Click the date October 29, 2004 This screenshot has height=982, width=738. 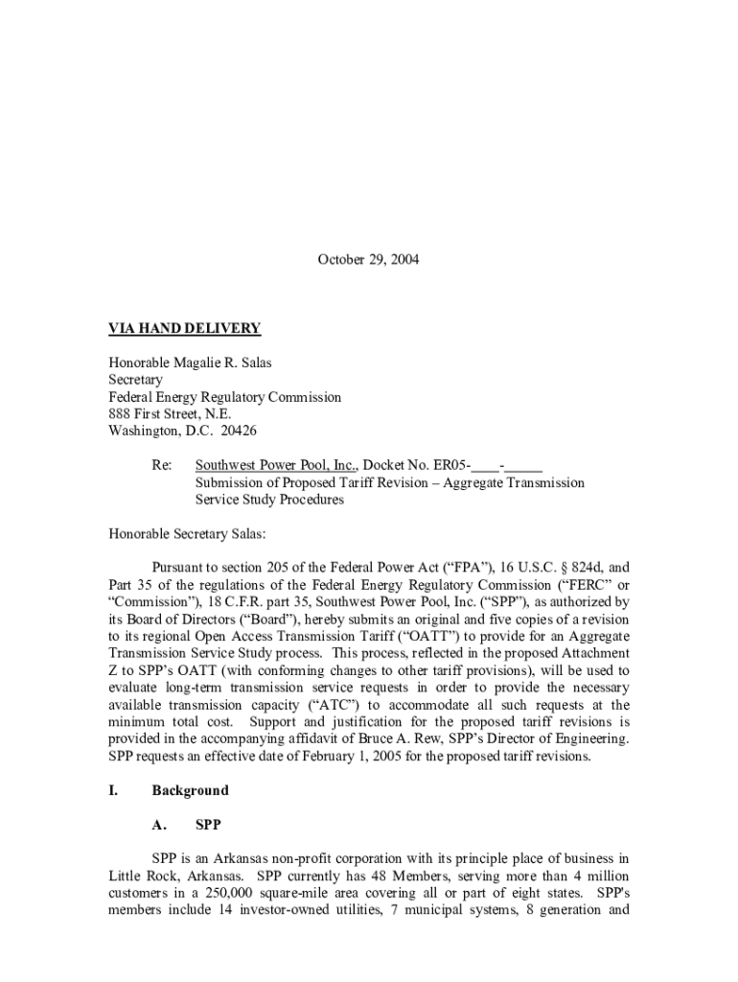[368, 260]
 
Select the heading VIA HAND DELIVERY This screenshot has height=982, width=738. [184, 329]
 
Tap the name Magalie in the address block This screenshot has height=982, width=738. [199, 362]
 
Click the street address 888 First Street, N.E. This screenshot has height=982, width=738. [170, 414]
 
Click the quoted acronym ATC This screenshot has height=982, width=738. [317, 705]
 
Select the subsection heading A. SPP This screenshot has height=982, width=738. [187, 824]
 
